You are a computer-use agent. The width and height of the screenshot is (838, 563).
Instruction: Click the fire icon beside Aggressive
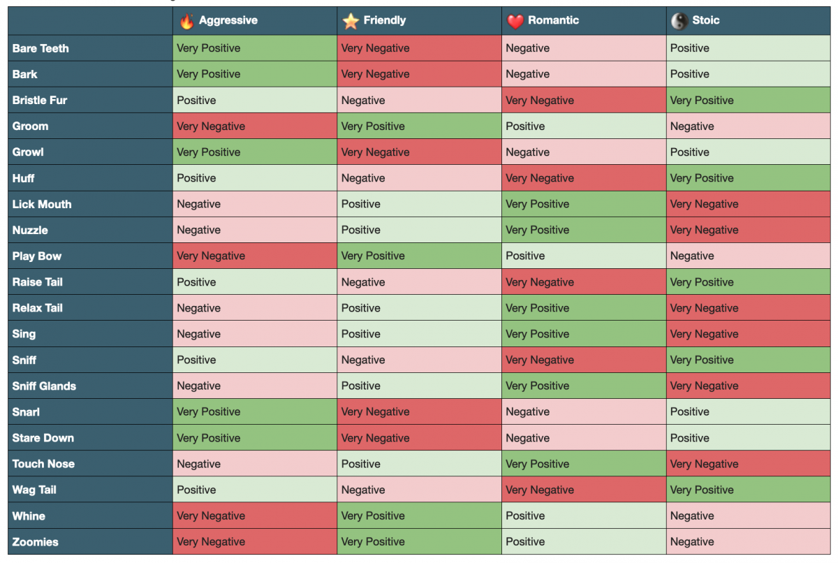click(x=186, y=22)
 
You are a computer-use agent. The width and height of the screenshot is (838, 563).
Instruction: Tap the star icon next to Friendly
click(x=350, y=22)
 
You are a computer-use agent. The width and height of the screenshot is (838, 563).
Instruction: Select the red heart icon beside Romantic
click(x=515, y=22)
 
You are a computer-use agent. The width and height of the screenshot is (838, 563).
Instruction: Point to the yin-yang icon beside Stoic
click(x=679, y=22)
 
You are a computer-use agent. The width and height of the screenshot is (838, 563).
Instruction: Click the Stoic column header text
click(x=705, y=20)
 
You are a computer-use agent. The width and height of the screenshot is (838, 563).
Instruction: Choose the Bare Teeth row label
click(x=41, y=48)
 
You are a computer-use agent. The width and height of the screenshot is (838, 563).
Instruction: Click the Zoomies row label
click(x=36, y=542)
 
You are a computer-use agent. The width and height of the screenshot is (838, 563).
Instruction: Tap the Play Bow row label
click(x=37, y=256)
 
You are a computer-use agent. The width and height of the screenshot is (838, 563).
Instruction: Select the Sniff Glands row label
click(x=44, y=386)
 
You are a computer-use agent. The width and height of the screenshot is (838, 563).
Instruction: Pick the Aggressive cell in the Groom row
click(x=255, y=126)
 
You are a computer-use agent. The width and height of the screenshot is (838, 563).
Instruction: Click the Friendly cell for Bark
click(x=419, y=74)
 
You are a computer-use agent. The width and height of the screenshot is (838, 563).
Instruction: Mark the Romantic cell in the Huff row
click(x=584, y=178)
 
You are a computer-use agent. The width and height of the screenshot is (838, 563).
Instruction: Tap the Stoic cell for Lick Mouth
click(x=748, y=204)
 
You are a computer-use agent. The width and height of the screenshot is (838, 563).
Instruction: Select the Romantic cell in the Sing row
click(x=584, y=334)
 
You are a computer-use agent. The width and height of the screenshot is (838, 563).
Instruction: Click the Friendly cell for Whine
click(x=419, y=516)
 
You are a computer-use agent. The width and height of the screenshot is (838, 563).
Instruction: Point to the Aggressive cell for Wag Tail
click(x=255, y=490)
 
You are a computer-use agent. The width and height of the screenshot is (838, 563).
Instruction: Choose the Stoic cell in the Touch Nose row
click(x=748, y=464)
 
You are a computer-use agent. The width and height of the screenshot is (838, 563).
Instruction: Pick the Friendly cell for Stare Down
click(x=419, y=438)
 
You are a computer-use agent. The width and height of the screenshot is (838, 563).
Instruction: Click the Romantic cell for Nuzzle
click(x=584, y=230)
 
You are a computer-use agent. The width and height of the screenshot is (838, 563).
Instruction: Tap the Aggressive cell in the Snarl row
click(x=255, y=411)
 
